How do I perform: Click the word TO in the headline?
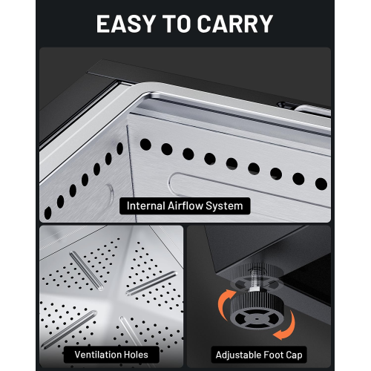tap(177, 24)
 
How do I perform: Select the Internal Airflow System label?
tap(185, 206)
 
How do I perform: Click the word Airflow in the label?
tap(185, 206)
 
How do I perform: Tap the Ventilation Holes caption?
tap(111, 355)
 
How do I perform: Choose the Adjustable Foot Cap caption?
tap(259, 355)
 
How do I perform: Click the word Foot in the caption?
tap(274, 355)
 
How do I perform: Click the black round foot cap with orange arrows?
tap(257, 312)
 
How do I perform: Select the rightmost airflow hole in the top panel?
tap(321, 184)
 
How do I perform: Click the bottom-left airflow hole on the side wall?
tap(47, 213)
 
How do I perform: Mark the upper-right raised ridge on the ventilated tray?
tap(151, 283)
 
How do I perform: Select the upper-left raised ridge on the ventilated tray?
tap(87, 271)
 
